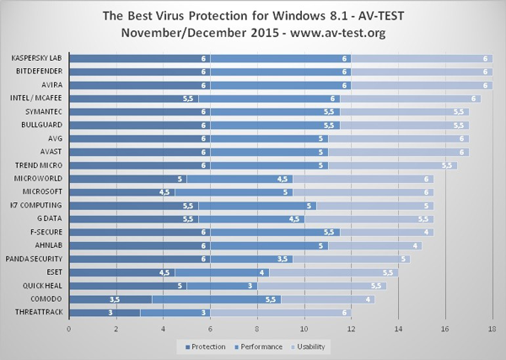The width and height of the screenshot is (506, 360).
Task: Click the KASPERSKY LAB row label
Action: click(x=36, y=58)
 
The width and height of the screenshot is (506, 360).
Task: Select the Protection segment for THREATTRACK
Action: click(x=105, y=313)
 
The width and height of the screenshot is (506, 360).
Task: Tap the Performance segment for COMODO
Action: click(x=217, y=299)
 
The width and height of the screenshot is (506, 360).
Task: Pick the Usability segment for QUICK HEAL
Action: click(x=322, y=286)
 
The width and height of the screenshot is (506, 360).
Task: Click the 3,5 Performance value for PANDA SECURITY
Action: click(x=283, y=259)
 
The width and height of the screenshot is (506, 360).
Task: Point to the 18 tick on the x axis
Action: click(x=493, y=330)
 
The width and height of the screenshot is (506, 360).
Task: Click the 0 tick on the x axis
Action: click(x=69, y=330)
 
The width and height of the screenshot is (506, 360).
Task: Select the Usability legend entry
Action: click(x=308, y=347)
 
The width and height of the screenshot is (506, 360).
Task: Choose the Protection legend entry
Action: click(x=206, y=347)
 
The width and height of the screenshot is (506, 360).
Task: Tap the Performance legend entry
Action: click(x=258, y=347)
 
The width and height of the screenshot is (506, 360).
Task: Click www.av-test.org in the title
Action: click(x=337, y=33)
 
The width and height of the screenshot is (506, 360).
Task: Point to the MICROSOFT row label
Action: click(x=42, y=191)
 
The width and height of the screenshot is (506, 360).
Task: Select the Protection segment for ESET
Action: click(x=122, y=272)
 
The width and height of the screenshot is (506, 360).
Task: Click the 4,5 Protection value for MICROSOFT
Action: click(x=164, y=192)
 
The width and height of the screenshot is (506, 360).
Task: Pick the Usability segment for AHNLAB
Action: click(x=375, y=246)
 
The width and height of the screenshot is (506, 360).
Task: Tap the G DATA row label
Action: click(x=50, y=218)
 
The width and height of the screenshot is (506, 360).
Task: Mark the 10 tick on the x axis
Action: click(x=304, y=330)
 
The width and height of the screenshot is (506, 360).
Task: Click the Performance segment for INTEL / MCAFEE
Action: click(x=270, y=99)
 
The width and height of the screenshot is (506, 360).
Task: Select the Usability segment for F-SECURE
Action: click(x=387, y=232)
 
